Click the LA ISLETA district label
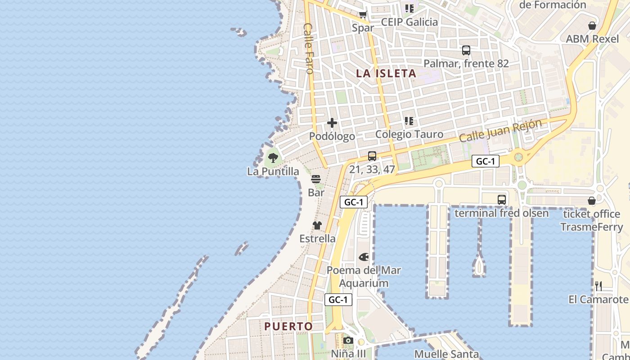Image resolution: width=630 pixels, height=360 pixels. click(386, 73)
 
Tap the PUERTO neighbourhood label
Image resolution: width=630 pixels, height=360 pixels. click(288, 326)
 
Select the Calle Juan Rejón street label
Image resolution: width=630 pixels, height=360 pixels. click(500, 130)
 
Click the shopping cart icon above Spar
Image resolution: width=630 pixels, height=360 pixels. click(363, 14)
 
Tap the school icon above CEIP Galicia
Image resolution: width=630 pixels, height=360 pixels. click(409, 9)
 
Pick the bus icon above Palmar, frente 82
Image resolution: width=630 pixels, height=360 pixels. click(466, 50)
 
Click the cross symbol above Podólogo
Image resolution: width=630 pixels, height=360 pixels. click(332, 122)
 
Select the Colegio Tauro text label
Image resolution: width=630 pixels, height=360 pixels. click(409, 134)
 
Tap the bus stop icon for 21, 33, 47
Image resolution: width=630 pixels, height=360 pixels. click(372, 156)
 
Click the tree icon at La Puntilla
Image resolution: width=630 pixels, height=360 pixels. click(273, 157)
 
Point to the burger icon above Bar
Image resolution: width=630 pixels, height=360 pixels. click(316, 179)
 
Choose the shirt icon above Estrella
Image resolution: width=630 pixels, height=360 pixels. click(317, 225)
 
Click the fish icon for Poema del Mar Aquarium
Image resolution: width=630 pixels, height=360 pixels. click(364, 257)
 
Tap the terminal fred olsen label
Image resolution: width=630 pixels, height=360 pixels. click(501, 213)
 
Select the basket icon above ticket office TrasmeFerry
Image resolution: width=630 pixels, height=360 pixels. click(592, 201)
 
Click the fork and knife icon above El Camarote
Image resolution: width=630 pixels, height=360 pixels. click(598, 286)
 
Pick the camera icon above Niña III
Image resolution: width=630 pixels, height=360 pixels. click(348, 341)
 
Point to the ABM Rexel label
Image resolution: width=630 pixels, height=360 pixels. click(592, 39)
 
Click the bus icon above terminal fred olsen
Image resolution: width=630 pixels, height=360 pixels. click(502, 200)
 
